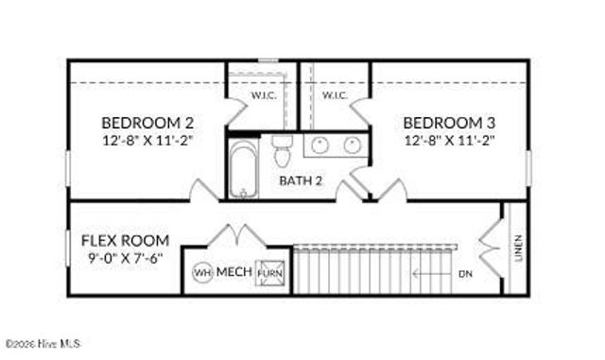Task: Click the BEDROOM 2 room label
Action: click(147, 122)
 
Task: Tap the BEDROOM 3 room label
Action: click(449, 122)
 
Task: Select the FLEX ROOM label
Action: click(125, 240)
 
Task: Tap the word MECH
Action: click(234, 272)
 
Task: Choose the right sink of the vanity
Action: click(353, 145)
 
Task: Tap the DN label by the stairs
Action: click(464, 274)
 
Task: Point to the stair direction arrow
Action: click(430, 273)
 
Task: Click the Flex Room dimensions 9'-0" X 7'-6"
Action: click(124, 257)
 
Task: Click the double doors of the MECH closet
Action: click(233, 235)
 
